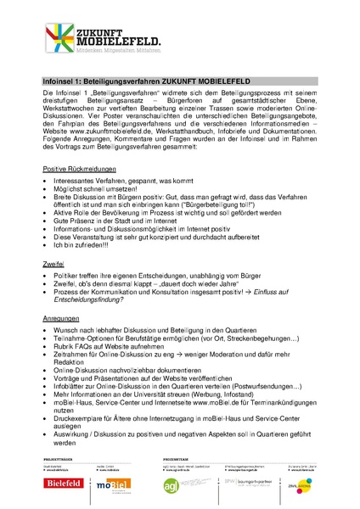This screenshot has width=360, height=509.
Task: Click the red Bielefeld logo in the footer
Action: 64,490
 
